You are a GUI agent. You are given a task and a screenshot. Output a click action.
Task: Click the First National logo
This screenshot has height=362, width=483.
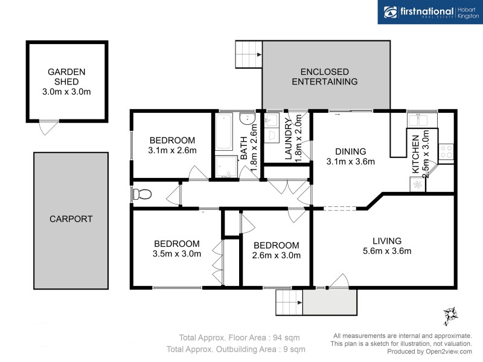coord(430,12)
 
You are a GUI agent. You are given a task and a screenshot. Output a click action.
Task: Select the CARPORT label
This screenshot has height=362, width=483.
coord(71,219)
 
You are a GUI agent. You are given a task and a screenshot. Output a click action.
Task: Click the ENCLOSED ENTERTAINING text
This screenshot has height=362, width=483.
coord(325,76)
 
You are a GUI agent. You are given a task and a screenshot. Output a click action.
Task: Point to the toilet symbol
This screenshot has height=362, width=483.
coord(142,194)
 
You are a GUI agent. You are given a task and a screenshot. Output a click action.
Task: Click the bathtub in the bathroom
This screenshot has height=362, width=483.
coord(224,133)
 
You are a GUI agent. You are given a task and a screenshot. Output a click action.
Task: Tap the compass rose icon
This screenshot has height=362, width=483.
coord(450,314)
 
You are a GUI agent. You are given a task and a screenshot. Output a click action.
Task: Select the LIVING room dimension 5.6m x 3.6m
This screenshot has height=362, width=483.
coord(387,251)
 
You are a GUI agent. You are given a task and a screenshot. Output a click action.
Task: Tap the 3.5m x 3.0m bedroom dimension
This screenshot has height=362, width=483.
coord(177,254)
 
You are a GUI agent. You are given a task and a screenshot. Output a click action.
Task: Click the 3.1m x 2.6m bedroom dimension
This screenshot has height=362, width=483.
coord(173,150)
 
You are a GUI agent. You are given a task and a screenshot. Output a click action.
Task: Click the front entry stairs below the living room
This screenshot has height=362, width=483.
coord(289,302)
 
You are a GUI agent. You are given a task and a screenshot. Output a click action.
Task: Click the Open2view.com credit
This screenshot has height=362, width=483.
coord(429,351)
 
